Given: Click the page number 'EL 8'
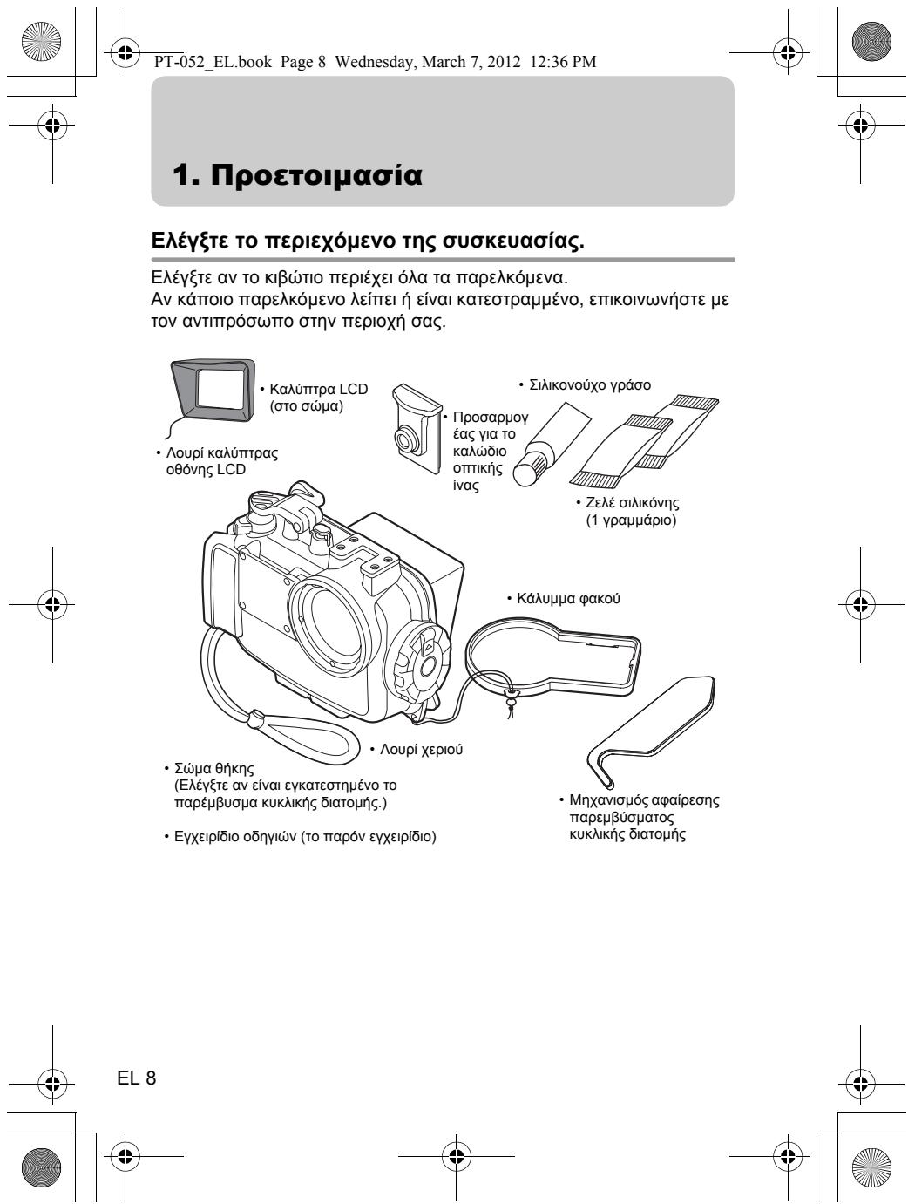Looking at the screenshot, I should pyautogui.click(x=137, y=1078).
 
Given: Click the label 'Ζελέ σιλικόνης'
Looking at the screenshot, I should pyautogui.click(x=632, y=503).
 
